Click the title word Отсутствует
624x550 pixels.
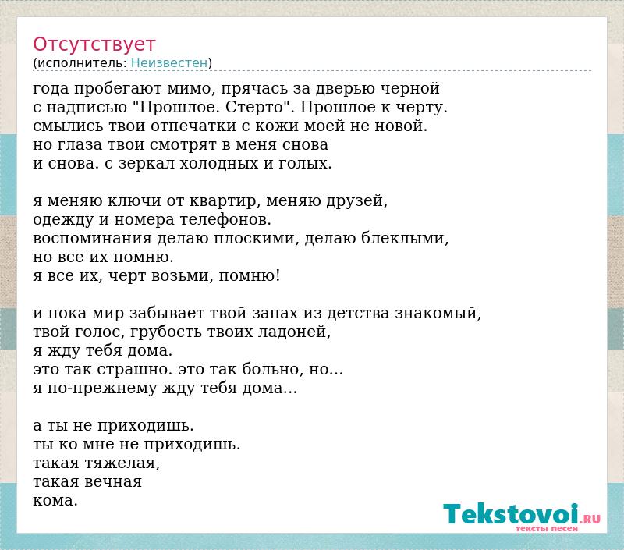94,44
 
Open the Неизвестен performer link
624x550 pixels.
169,62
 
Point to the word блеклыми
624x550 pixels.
405,238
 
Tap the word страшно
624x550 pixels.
134,370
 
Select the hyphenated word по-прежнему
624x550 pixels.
102,389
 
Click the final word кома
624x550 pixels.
55,501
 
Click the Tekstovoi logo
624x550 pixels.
522,516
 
